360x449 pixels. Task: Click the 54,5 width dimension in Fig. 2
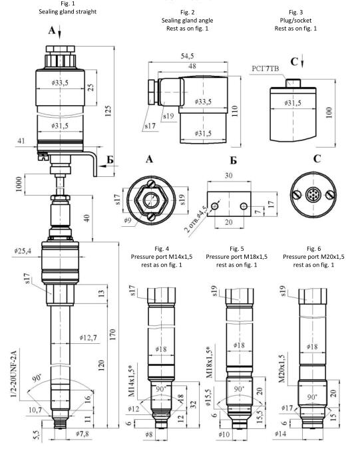(187, 56)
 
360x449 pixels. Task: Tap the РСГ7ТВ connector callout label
(266, 69)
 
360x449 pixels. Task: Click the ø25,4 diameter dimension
(23, 251)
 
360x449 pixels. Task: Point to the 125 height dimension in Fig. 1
(108, 111)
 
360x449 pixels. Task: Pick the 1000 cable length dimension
(19, 184)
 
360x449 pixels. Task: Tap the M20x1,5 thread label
(282, 369)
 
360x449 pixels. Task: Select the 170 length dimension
(112, 335)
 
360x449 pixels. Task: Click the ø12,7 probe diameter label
(88, 338)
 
